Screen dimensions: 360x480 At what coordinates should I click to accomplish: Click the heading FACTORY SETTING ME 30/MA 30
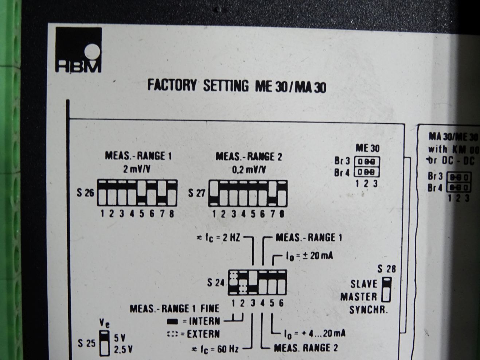237,86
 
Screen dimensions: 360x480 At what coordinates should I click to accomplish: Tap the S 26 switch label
85,193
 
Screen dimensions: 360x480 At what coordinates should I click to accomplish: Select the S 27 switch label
196,193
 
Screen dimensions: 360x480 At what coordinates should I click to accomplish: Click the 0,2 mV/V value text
249,170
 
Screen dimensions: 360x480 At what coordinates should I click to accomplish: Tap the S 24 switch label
216,282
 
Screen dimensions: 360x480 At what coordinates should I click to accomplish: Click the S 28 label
386,270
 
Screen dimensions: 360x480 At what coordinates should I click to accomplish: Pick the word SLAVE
364,284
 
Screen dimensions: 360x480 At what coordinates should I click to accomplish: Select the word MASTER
359,297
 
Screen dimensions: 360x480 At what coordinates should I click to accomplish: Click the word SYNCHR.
368,310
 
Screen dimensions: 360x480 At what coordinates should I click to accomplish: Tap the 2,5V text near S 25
123,350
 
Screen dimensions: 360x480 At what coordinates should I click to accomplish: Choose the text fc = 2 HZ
219,238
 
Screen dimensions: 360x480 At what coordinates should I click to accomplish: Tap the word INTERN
204,321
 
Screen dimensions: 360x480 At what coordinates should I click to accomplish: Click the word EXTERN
204,334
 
